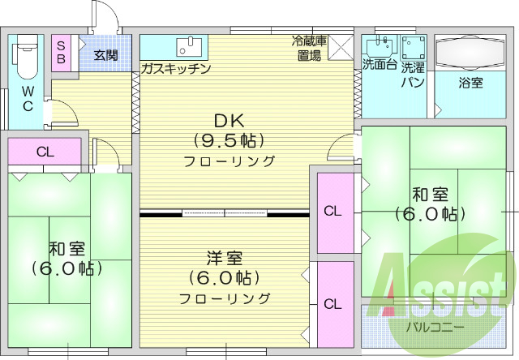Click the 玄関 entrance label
coord(105,55)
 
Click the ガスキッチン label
coord(175,69)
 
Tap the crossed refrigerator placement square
coord(342,47)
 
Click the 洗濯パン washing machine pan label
coord(414,73)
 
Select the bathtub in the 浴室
coord(470,54)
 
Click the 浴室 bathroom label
coord(470,83)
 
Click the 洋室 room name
coord(225,259)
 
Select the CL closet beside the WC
coord(45,151)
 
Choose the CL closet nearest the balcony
coord(332,305)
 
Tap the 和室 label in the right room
coord(430,195)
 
